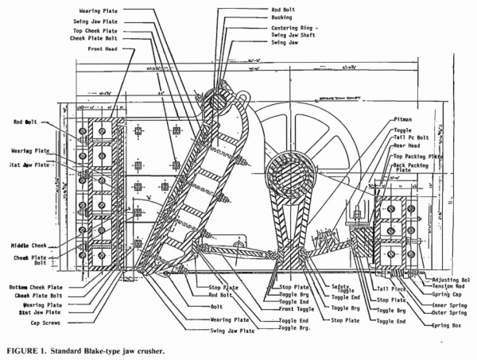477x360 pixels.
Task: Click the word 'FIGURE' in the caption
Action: coord(20,349)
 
